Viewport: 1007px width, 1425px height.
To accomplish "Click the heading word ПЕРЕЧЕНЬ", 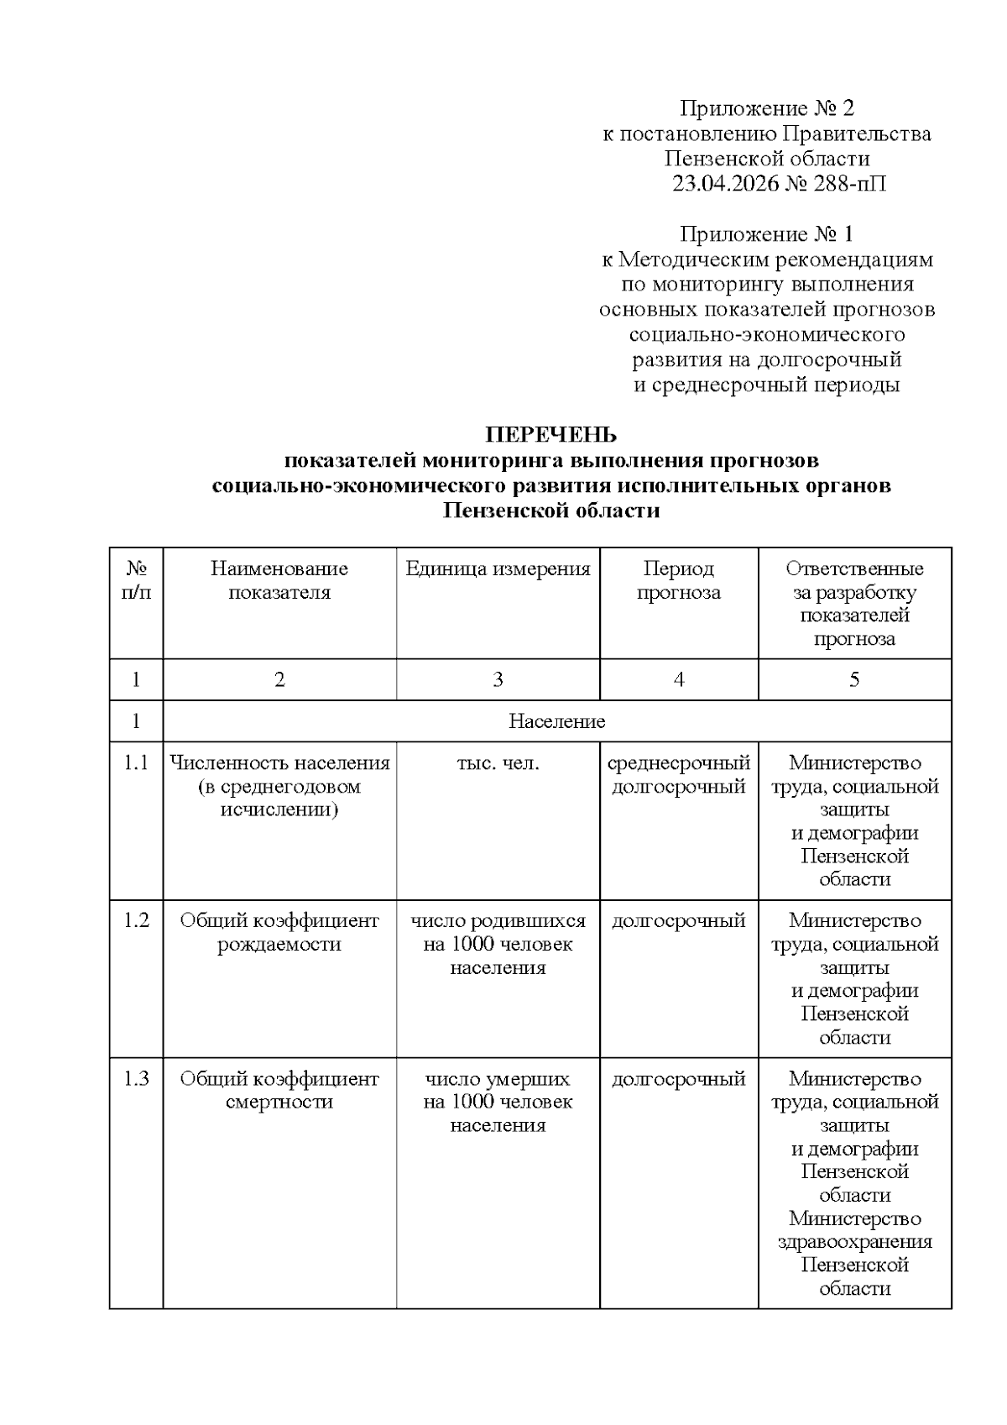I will [551, 435].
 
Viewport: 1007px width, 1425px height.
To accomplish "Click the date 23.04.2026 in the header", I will [726, 183].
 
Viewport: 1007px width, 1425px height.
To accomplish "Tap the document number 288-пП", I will [849, 183].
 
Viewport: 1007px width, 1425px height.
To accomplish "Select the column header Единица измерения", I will [498, 568].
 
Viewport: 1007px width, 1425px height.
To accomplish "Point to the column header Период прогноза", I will [678, 580].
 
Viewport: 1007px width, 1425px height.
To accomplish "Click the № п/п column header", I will [136, 580].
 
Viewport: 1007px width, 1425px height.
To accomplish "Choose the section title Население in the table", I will [556, 721].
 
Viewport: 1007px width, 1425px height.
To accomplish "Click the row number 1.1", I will [136, 763].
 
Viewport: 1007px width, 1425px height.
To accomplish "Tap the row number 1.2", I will [136, 920].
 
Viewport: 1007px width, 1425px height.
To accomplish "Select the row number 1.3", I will [136, 1078].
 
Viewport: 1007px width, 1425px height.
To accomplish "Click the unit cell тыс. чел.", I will [498, 763].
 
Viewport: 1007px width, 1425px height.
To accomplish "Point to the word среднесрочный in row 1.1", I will [678, 763].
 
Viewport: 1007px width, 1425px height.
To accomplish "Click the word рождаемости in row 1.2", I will [279, 944].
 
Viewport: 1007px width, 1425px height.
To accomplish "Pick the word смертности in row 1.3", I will [279, 1102].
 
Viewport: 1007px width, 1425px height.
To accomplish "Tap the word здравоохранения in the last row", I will [854, 1242].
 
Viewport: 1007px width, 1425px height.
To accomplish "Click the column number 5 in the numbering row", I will [854, 679].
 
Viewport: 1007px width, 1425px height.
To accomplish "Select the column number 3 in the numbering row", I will [498, 679].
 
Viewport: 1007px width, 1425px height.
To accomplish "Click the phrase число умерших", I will [498, 1078].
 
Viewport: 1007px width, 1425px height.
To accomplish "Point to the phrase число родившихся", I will [498, 920].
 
